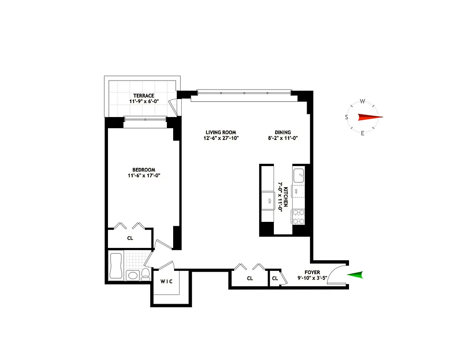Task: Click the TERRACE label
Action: [143, 95]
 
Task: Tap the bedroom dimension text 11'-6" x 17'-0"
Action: [143, 176]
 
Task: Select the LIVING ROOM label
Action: [221, 132]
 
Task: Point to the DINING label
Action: [283, 132]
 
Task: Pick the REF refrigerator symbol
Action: [269, 201]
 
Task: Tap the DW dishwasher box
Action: [297, 191]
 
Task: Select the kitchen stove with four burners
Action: [298, 216]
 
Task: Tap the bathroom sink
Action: [132, 275]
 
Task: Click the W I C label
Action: [167, 282]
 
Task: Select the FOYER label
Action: [312, 272]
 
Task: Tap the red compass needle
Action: [370, 117]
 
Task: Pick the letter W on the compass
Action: [363, 102]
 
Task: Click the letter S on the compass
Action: [346, 117]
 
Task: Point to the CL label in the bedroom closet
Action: [130, 238]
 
